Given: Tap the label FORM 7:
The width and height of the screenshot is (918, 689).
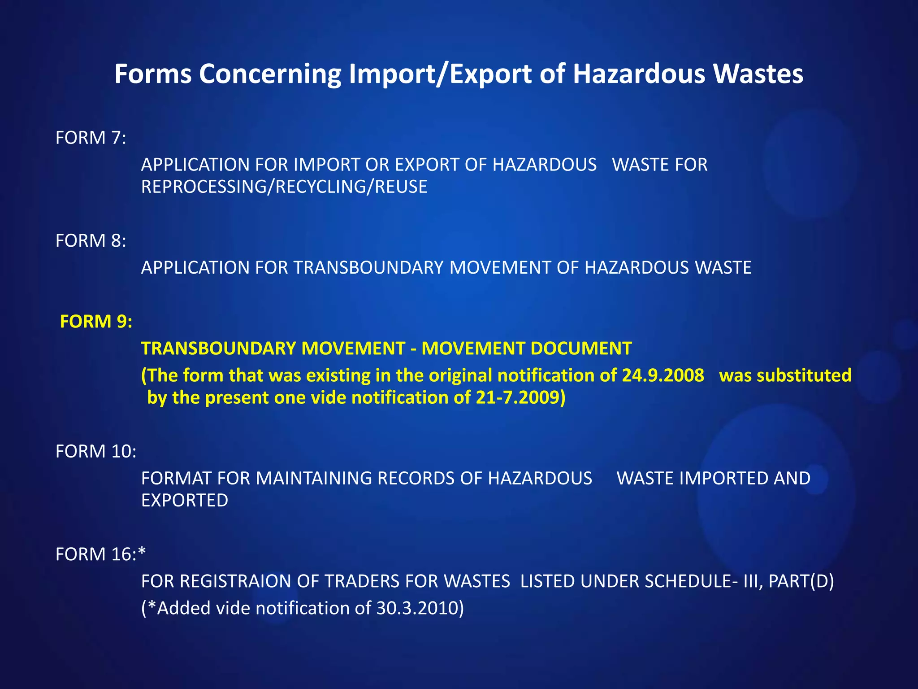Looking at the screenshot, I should click(x=91, y=138).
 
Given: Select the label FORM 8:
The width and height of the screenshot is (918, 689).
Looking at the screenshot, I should click(x=91, y=241).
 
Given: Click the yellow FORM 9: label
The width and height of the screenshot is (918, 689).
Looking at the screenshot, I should click(x=96, y=322).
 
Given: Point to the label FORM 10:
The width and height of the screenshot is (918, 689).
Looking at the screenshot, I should click(x=96, y=451).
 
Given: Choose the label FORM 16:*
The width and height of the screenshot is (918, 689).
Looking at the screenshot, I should click(x=101, y=554).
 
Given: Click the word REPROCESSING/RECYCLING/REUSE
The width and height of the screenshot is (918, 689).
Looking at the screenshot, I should click(x=284, y=187).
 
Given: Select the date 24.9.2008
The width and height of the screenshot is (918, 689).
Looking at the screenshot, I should click(x=663, y=375).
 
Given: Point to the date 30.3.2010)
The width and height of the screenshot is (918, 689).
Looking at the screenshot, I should click(x=420, y=608).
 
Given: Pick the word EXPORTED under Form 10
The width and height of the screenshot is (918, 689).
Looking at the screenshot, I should click(x=185, y=501).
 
